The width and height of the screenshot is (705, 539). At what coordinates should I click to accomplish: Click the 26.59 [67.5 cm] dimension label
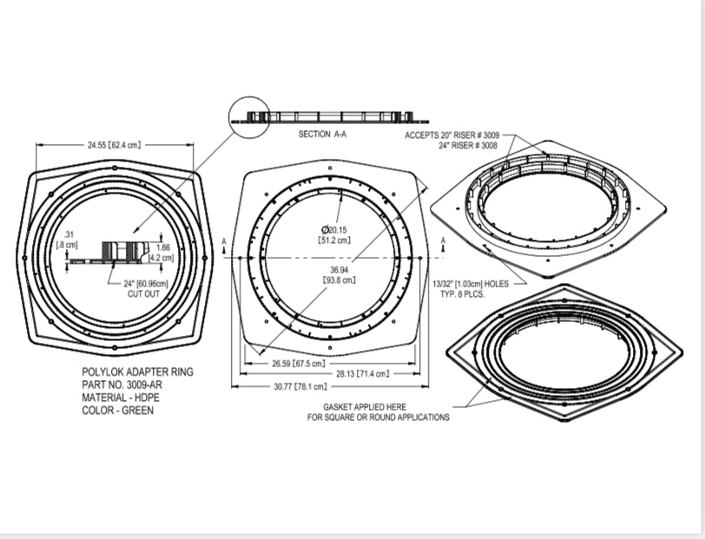pyautogui.click(x=298, y=364)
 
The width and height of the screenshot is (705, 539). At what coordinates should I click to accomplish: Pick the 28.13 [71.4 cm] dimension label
pyautogui.click(x=386, y=373)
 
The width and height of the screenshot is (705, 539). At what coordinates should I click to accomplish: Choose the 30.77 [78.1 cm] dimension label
pyautogui.click(x=299, y=385)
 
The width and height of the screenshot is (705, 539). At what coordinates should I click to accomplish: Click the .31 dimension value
pyautogui.click(x=70, y=233)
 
